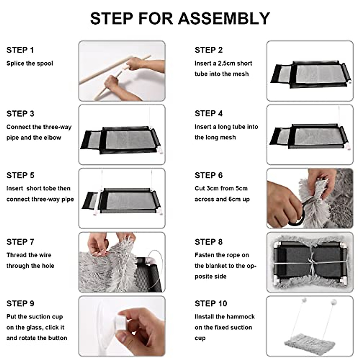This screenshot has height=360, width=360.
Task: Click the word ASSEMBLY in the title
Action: click(224, 18)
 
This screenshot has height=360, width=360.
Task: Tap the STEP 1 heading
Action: click(20, 50)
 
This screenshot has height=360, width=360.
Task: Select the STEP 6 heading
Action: click(209, 175)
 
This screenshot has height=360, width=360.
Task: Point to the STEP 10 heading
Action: click(211, 303)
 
